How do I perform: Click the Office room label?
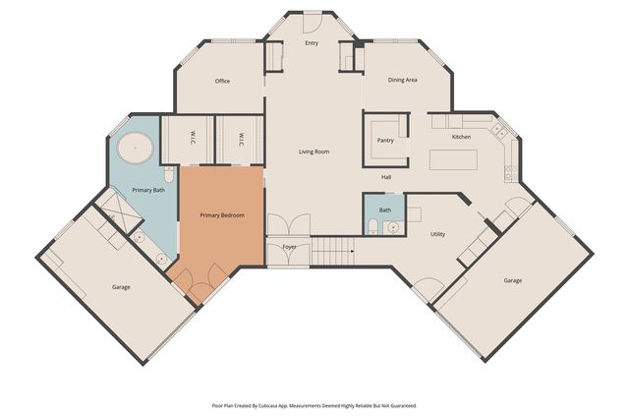pyautogui.click(x=222, y=81)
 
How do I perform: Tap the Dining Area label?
pyautogui.click(x=402, y=80)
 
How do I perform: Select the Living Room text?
pyautogui.click(x=314, y=151)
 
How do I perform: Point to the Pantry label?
pyautogui.click(x=385, y=140)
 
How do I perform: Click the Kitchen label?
pyautogui.click(x=461, y=137)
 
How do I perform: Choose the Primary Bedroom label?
pyautogui.click(x=222, y=215)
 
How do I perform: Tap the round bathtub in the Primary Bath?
pyautogui.click(x=136, y=148)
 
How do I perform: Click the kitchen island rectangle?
pyautogui.click(x=453, y=159)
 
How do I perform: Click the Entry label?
pyautogui.click(x=312, y=43)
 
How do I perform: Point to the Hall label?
pyautogui.click(x=386, y=177)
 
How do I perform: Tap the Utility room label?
pyautogui.click(x=437, y=234)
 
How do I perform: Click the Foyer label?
pyautogui.click(x=289, y=247)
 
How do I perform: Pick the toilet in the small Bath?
pyautogui.click(x=372, y=226)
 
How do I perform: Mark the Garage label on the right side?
pyautogui.click(x=513, y=280)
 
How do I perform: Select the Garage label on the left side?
pyautogui.click(x=121, y=287)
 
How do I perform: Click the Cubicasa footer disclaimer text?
pyautogui.click(x=314, y=406)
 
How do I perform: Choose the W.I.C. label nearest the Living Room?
pyautogui.click(x=241, y=140)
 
